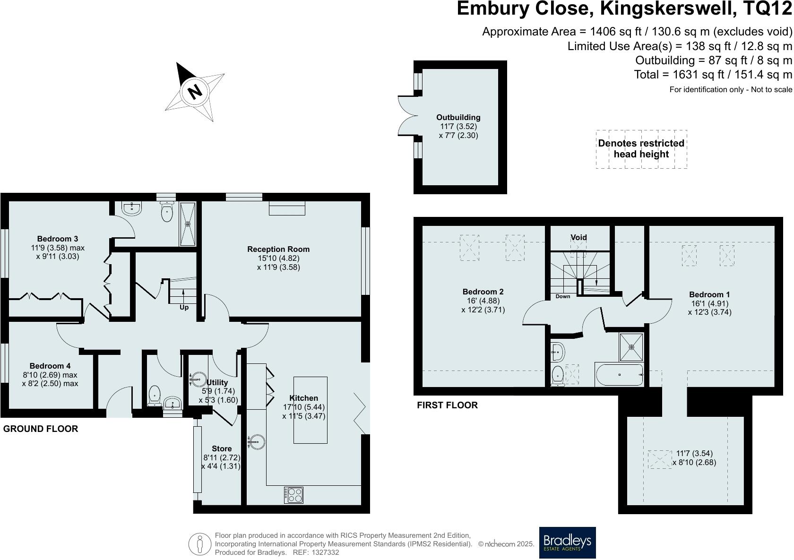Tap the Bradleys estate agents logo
(567, 543)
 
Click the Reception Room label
(278, 249)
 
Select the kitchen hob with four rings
(294, 495)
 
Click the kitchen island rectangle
(310, 410)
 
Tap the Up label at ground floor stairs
(184, 308)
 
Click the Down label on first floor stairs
(562, 296)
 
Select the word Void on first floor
(578, 237)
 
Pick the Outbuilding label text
(458, 117)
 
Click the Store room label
(222, 448)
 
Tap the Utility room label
(217, 382)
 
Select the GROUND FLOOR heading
(41, 429)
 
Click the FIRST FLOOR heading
(447, 405)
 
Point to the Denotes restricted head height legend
(641, 149)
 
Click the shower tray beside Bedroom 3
(188, 224)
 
